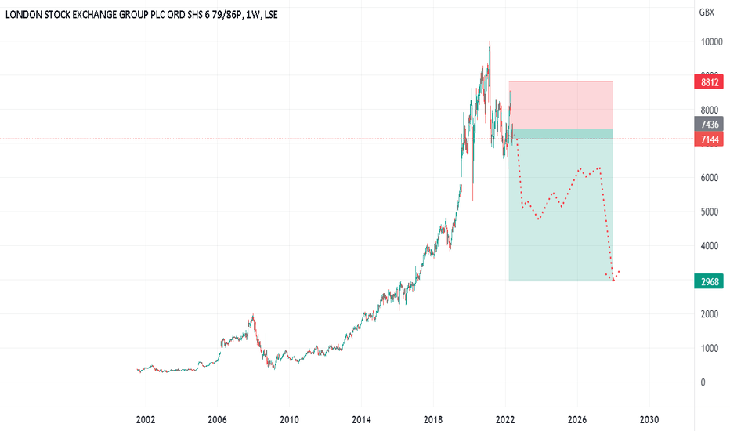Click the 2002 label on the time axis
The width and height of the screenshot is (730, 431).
click(146, 419)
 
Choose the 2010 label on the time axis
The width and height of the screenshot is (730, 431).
click(290, 419)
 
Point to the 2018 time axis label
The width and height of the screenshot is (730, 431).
click(434, 419)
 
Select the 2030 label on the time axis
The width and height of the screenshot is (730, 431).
click(649, 419)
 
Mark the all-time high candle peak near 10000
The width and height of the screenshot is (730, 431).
click(490, 42)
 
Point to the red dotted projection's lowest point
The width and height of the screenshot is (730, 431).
click(613, 281)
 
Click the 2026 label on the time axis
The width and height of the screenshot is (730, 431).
click(577, 419)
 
